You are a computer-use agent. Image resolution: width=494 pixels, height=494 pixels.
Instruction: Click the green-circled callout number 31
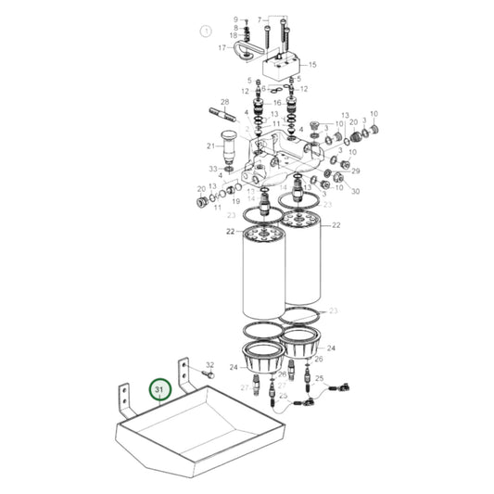click(159, 391)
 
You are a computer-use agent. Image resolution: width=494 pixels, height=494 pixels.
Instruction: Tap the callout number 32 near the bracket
click(209, 365)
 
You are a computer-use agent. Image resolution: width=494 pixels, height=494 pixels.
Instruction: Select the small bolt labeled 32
click(209, 376)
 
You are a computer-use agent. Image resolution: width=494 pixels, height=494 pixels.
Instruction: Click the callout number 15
click(312, 65)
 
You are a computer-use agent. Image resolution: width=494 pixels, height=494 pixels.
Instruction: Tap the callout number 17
click(222, 47)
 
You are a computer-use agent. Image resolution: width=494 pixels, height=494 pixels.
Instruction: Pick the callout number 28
click(224, 101)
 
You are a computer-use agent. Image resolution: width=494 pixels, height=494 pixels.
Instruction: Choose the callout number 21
click(210, 146)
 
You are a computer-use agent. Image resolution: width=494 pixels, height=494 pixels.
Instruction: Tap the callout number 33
click(212, 169)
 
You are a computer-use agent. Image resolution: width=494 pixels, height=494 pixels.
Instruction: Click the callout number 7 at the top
click(260, 18)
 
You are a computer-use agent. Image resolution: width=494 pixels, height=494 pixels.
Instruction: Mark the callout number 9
click(235, 19)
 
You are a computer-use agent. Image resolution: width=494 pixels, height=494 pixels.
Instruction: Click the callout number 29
click(355, 171)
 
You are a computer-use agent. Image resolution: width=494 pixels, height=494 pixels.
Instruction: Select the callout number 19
click(236, 199)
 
